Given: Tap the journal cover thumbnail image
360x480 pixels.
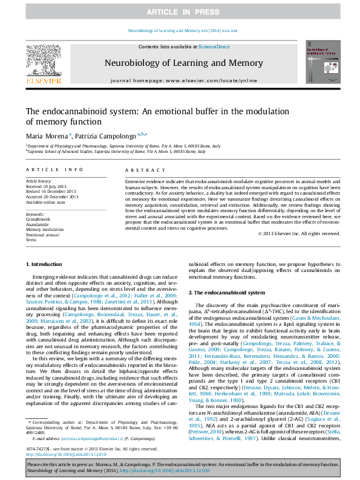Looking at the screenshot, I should [318, 62].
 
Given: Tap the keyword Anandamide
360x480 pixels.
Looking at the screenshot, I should [38, 224].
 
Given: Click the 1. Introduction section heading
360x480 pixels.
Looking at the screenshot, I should [45, 265].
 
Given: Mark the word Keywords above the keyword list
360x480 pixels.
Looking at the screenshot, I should [36, 214].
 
